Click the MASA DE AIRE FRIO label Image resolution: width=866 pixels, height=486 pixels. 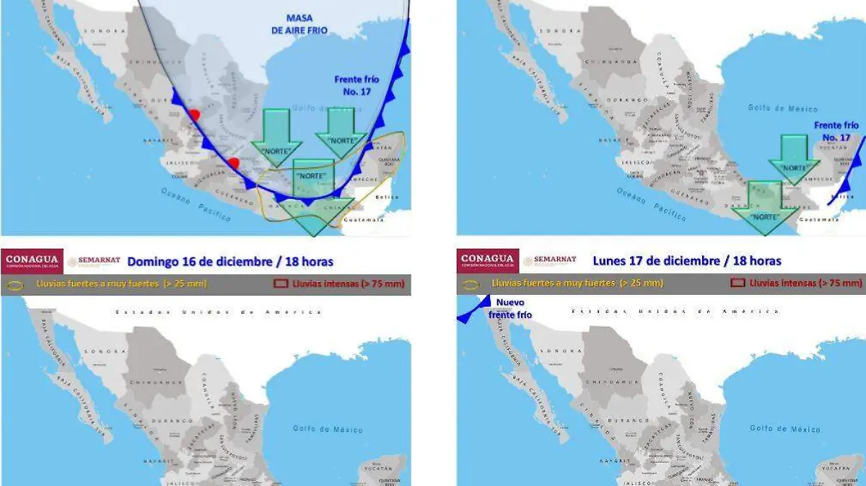[307, 24]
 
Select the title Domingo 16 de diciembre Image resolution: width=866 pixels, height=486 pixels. [230, 261]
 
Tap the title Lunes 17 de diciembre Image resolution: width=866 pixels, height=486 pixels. [686, 260]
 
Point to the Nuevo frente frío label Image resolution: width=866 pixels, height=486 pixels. [510, 309]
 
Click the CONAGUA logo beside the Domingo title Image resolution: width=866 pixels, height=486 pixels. [32, 260]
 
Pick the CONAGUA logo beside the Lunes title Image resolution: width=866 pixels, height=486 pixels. [488, 260]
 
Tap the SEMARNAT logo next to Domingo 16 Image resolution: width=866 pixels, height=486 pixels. [94, 261]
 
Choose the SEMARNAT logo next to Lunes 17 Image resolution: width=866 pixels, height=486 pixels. [550, 260]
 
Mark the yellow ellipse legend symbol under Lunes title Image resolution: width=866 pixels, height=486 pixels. [471, 284]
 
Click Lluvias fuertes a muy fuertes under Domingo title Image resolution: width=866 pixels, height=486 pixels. [121, 283]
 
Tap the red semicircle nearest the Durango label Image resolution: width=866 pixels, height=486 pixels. [193, 115]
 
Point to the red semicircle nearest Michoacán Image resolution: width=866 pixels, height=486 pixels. [232, 164]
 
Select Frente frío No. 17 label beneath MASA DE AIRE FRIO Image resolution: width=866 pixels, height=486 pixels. [357, 85]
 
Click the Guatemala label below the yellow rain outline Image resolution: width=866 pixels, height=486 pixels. [364, 220]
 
